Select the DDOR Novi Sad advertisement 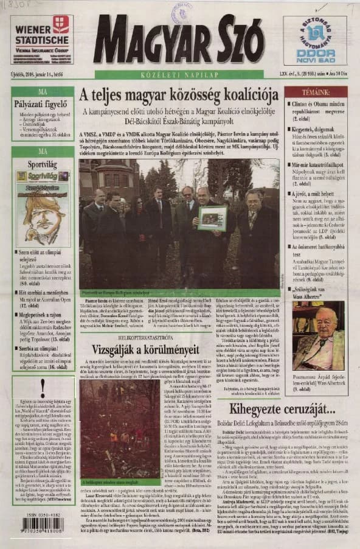315,40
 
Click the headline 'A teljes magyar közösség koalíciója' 178,96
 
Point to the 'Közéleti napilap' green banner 178,75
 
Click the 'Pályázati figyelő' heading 43,103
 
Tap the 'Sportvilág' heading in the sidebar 43,164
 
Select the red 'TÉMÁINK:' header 315,92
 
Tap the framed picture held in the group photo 212,217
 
